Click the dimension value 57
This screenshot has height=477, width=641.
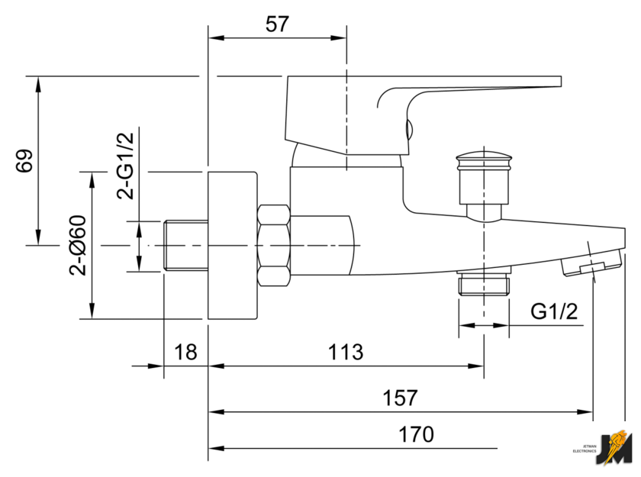tap(278, 24)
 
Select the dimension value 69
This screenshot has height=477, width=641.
tap(25, 161)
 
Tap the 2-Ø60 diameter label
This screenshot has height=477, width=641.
tap(77, 246)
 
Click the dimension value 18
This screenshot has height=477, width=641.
tap(185, 352)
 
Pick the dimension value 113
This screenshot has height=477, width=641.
tap(346, 352)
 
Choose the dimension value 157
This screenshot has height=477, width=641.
tap(401, 398)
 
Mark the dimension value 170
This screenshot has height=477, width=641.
tap(416, 434)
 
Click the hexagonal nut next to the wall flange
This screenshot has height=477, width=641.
tap(274, 245)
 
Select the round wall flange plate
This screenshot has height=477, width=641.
tap(233, 245)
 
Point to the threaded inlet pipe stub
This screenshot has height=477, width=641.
tap(186, 245)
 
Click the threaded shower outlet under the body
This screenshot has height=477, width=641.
tap(484, 285)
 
